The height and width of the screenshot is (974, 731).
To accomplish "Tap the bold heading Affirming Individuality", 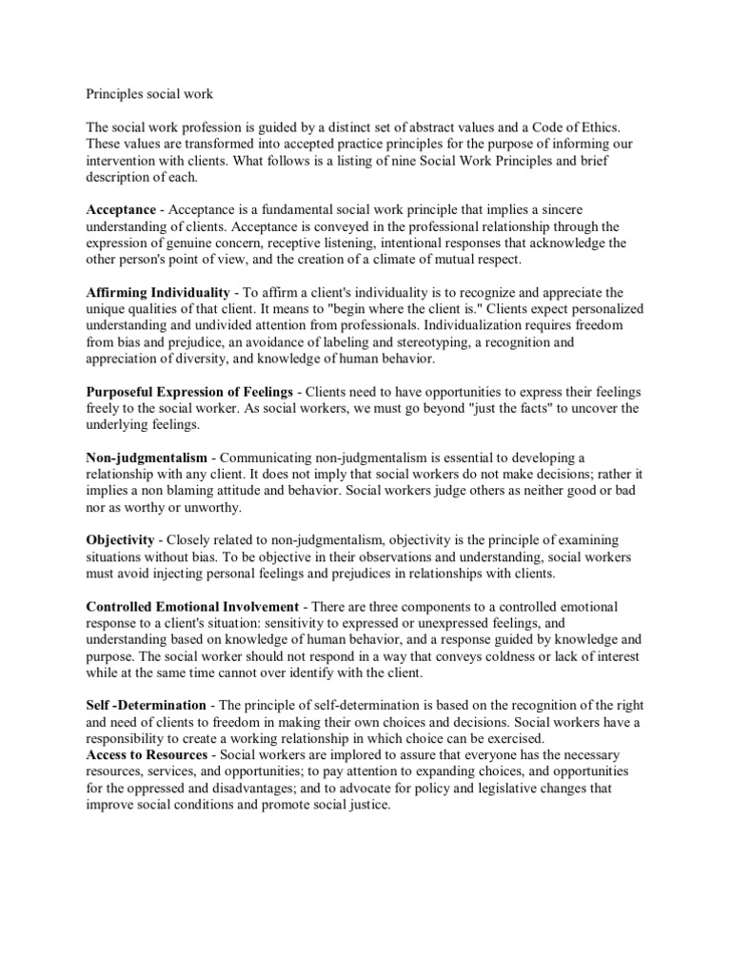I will point(158,291).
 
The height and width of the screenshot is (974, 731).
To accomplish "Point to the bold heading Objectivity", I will point(121,539).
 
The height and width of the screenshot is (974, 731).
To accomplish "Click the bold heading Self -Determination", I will point(146,705).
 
